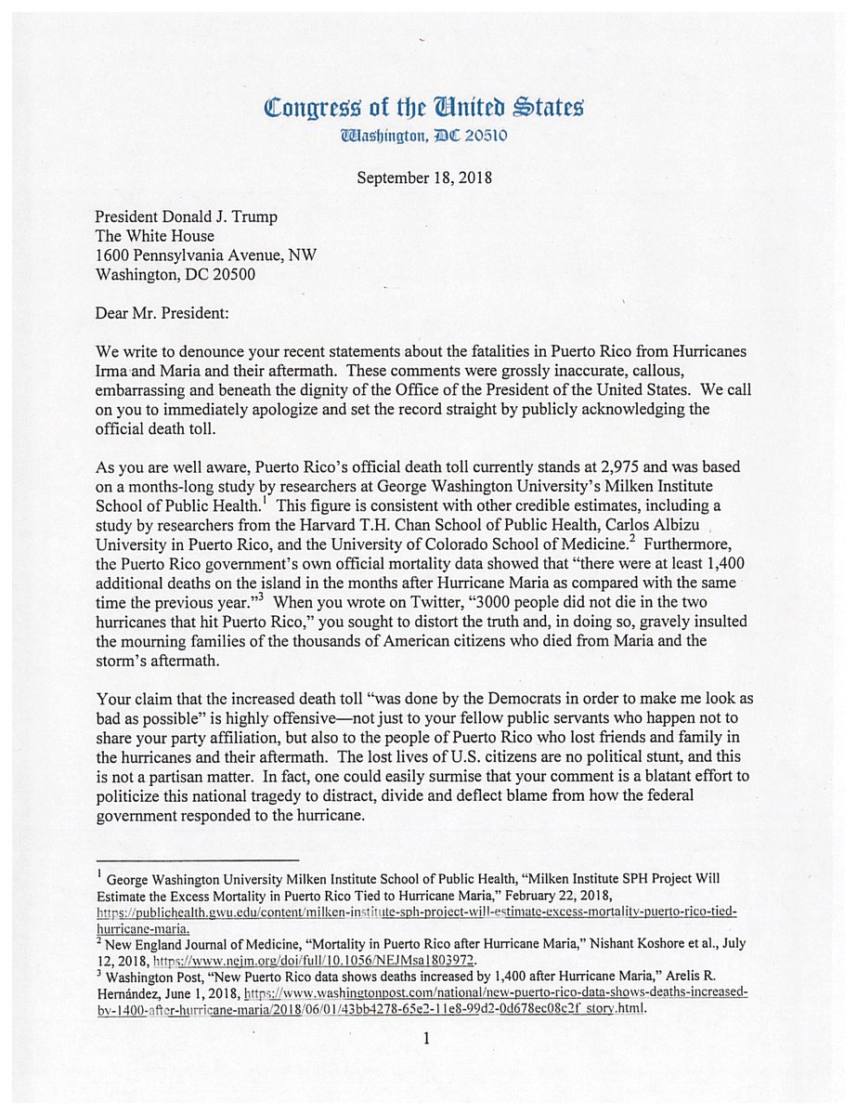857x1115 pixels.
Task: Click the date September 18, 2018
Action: pos(424,177)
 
